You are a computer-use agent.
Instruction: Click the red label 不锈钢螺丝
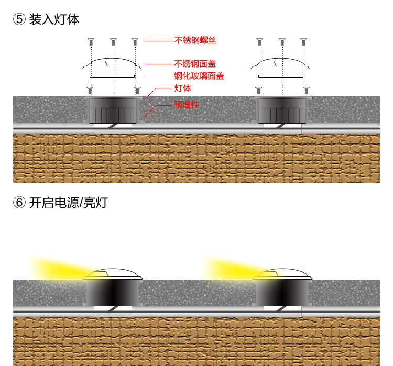(x=195, y=40)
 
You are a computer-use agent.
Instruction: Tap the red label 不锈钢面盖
(x=195, y=64)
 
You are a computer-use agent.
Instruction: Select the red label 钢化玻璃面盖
(x=199, y=76)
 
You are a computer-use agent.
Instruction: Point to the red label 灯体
(x=182, y=88)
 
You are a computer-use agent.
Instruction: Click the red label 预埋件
(x=187, y=104)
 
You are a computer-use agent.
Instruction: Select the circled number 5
(x=19, y=20)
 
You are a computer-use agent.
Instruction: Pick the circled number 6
(x=19, y=203)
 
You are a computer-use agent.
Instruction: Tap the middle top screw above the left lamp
(x=113, y=41)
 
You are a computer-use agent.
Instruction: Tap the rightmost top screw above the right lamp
(x=303, y=41)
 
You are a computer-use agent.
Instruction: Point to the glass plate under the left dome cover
(x=113, y=76)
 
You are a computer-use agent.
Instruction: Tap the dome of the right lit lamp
(x=282, y=275)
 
